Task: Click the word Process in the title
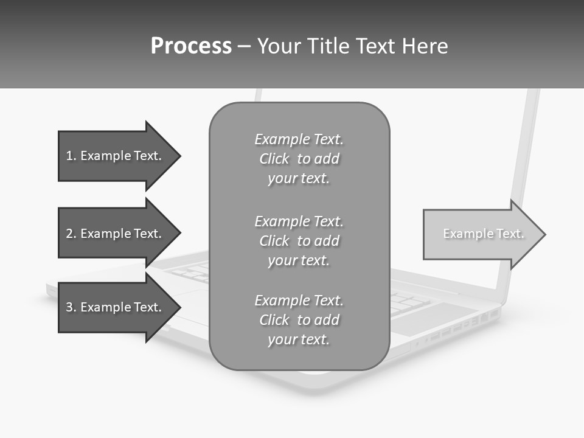tap(191, 46)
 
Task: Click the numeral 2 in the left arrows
tap(69, 234)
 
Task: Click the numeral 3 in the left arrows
tap(69, 307)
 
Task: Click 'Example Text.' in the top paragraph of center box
tap(299, 139)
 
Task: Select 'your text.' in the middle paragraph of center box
tap(299, 260)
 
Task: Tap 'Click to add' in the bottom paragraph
tap(299, 320)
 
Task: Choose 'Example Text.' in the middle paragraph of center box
tap(299, 221)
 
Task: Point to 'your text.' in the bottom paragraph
tap(299, 339)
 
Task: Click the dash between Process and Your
tap(244, 46)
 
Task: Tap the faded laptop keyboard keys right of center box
tap(408, 301)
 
